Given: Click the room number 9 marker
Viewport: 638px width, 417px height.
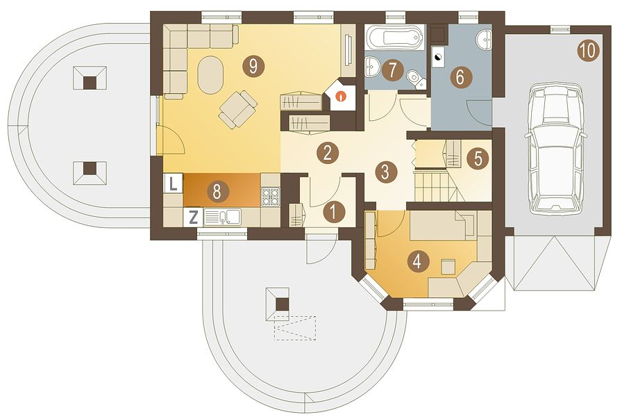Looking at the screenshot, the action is (253, 65).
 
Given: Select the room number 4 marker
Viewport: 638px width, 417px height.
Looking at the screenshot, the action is (417, 261).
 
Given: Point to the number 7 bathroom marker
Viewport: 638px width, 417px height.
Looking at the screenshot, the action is (392, 70).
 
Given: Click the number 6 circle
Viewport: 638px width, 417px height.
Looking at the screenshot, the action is (460, 76).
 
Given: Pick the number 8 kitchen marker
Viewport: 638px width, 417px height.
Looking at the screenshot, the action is (217, 191).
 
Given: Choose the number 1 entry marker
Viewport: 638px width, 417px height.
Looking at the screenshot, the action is (334, 212).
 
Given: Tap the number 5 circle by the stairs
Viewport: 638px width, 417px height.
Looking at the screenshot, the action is (478, 158).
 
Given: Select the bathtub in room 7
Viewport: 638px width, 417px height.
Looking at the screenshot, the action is (395, 38).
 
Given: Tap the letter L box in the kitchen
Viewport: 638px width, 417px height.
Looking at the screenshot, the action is (174, 184).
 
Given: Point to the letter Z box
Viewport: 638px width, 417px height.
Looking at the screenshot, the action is (194, 217).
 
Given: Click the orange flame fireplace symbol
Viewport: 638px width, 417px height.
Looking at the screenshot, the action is (341, 97).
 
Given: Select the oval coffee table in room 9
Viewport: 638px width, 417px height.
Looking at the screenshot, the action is (210, 75).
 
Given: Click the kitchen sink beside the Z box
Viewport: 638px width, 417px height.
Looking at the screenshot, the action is (222, 217).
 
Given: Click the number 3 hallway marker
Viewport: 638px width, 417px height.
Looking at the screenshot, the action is (385, 172).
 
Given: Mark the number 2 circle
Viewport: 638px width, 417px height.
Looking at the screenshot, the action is (328, 153).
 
